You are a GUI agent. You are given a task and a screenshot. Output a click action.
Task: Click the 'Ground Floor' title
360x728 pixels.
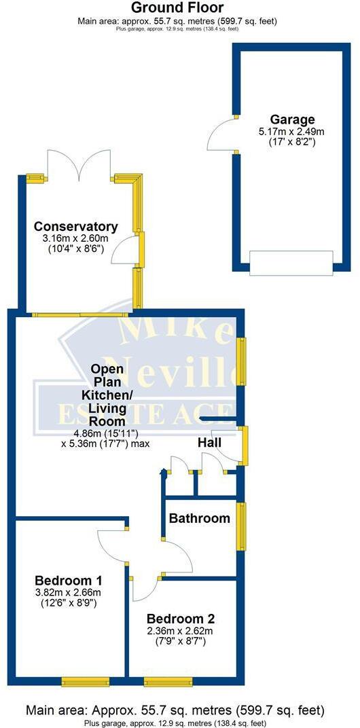(177, 8)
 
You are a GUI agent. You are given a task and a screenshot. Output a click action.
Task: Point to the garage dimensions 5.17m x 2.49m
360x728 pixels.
(286, 132)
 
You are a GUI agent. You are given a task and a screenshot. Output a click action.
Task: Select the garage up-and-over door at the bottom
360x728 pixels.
(292, 263)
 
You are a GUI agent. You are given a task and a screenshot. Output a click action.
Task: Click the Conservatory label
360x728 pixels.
(76, 227)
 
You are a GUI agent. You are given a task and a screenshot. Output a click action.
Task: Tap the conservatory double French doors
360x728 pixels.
(80, 165)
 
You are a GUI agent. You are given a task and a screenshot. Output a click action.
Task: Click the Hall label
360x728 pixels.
(209, 443)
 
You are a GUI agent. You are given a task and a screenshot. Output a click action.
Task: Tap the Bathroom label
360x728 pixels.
(200, 519)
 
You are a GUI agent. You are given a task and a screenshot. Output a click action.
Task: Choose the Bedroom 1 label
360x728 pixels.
(69, 581)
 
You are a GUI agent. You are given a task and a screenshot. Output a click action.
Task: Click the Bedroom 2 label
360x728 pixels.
(181, 619)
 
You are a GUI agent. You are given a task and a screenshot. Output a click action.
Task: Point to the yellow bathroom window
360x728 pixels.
(241, 526)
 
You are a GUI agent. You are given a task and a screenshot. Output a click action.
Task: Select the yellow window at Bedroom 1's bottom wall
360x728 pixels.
(82, 681)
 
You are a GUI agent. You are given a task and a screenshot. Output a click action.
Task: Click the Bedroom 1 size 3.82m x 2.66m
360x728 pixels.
(69, 592)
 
